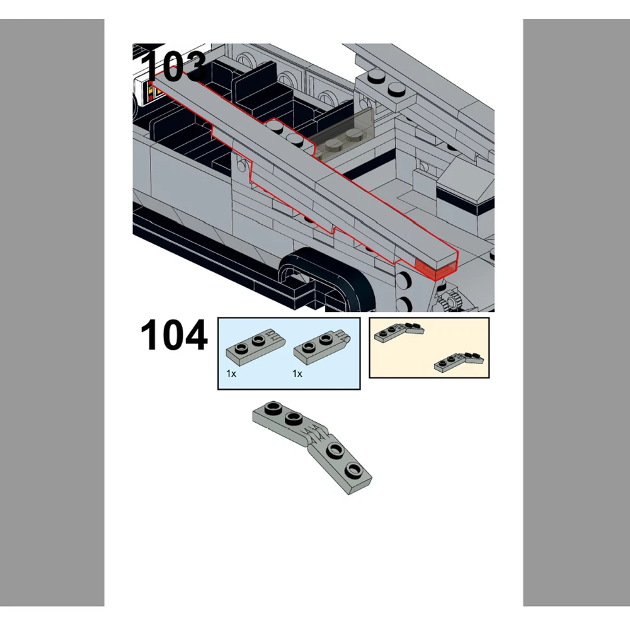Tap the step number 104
pyautogui.click(x=174, y=335)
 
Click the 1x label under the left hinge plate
pyautogui.click(x=231, y=374)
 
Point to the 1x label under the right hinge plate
pyautogui.click(x=297, y=374)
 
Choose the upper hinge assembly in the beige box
pyautogui.click(x=399, y=332)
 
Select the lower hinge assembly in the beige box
pyautogui.click(x=459, y=362)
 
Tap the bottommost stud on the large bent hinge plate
pyautogui.click(x=353, y=469)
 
